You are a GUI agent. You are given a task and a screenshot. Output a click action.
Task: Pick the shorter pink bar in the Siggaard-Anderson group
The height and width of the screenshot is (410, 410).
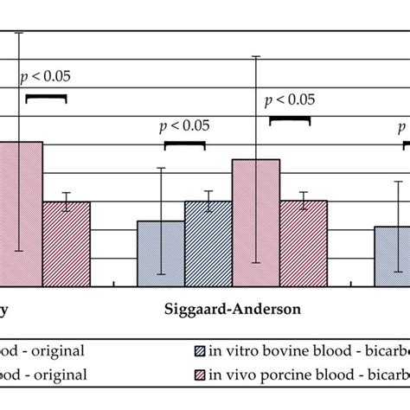coord(303,242)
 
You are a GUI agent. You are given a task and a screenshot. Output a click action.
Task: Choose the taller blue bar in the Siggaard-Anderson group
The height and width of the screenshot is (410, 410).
coord(208,242)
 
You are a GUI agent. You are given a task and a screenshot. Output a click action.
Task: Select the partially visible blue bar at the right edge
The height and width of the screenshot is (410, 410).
coord(391,255)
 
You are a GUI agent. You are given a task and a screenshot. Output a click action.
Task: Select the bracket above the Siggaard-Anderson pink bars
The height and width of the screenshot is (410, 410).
coord(291,119)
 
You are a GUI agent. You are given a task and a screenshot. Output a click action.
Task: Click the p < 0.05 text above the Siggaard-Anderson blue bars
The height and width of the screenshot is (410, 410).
coord(184,126)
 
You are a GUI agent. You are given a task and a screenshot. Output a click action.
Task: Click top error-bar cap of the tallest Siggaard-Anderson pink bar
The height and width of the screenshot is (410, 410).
coord(256,57)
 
